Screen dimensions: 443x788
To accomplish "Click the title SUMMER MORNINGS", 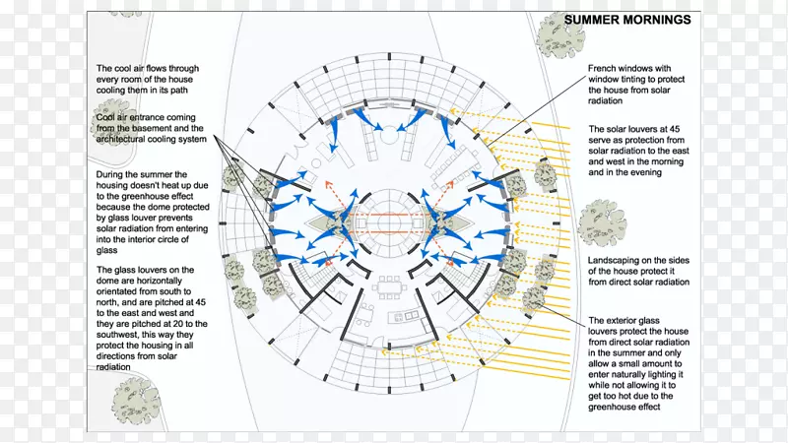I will pos(626,20).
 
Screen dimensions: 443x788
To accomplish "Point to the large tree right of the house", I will pos(602,222).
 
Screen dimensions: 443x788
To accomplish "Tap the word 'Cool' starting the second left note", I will pos(107,117).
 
